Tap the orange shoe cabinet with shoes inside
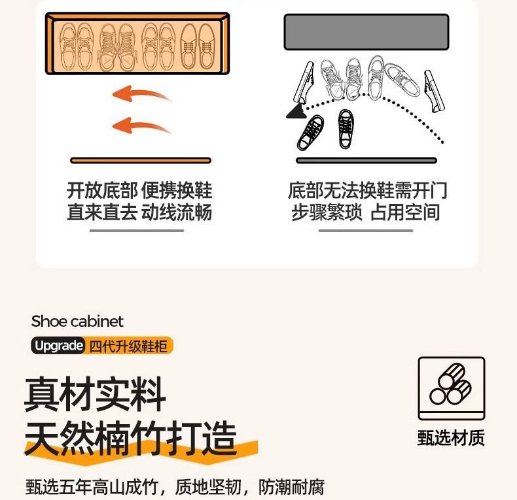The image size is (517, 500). point(137,44)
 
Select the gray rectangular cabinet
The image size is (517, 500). point(366,32)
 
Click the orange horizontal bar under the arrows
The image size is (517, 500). point(140,160)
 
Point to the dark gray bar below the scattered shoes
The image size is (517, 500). point(366,160)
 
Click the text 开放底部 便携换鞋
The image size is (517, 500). point(139,191)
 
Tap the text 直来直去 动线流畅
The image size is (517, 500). point(139,212)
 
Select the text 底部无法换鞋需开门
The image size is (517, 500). point(367,191)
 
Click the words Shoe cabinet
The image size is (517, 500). point(77,322)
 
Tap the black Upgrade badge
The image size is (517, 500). point(58,346)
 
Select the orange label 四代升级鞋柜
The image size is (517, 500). point(130,346)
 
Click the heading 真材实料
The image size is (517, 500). point(95,395)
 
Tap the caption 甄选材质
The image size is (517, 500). point(451,437)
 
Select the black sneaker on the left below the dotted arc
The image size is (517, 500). point(311,132)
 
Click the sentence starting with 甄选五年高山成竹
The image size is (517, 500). point(175,487)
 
